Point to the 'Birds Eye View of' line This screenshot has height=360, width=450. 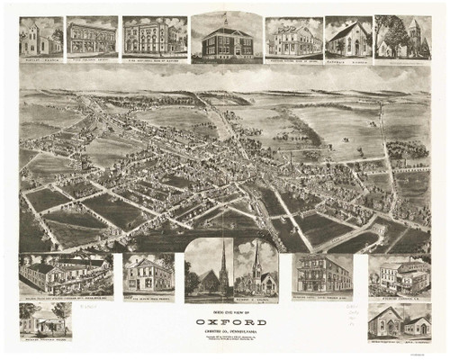[x=225, y=311]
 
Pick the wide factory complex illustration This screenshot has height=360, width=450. [x=61, y=274]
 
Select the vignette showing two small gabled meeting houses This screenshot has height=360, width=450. [x=399, y=320]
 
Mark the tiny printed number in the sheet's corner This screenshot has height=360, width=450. [x=436, y=355]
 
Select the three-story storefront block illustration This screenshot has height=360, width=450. [x=91, y=38]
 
